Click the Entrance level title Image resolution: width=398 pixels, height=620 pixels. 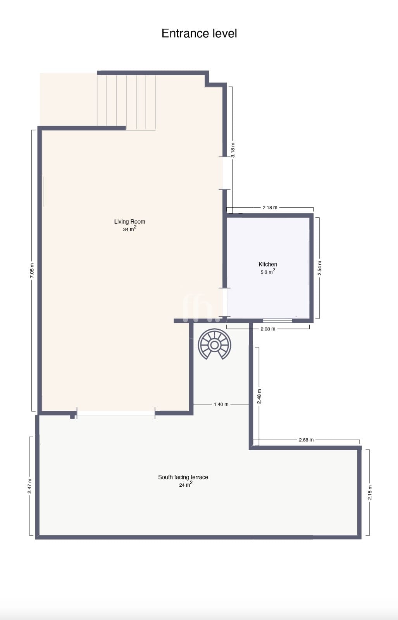click(199, 33)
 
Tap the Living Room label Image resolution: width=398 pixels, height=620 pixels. click(129, 221)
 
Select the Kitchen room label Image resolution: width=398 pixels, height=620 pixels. click(268, 264)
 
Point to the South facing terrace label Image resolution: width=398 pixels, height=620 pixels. click(183, 477)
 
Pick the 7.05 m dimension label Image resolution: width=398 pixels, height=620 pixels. click(32, 271)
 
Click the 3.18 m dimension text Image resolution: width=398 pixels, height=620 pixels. click(233, 150)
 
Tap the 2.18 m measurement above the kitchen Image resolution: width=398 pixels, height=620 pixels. click(270, 208)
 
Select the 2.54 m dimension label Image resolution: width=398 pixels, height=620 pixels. click(320, 268)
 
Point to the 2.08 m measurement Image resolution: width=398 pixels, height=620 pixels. click(268, 329)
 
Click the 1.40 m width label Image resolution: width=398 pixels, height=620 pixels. click(221, 405)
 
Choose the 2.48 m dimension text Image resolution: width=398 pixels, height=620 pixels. click(259, 396)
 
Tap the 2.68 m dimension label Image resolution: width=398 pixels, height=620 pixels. click(306, 440)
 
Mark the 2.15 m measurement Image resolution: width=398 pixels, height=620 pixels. click(370, 493)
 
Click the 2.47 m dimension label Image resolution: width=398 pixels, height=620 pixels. click(29, 486)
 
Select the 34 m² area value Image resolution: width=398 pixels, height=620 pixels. click(129, 229)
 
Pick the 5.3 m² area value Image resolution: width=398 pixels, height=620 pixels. click(268, 272)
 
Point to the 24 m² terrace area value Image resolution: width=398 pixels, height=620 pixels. click(186, 484)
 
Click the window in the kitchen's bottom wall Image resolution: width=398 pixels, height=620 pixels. click(277, 321)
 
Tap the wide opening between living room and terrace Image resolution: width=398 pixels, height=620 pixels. click(116, 413)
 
